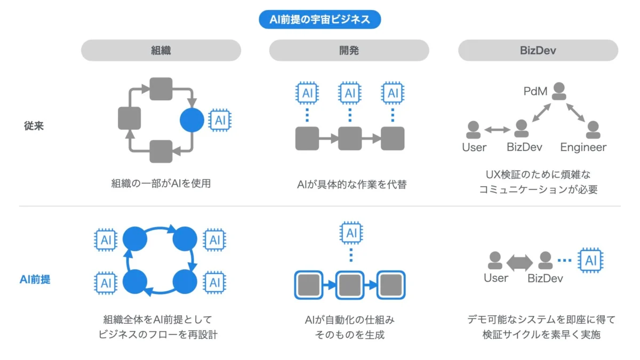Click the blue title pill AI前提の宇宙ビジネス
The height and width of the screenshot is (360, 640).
pyautogui.click(x=320, y=20)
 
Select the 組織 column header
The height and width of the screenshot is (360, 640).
pyautogui.click(x=161, y=51)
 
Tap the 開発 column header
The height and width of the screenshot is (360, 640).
pyautogui.click(x=349, y=51)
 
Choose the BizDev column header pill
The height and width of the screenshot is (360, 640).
pyautogui.click(x=538, y=51)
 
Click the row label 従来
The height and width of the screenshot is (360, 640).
pyautogui.click(x=34, y=126)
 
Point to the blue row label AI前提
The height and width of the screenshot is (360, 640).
pyautogui.click(x=35, y=278)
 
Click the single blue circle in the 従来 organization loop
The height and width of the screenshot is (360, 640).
pyautogui.click(x=192, y=120)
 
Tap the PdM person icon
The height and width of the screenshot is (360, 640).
pyautogui.click(x=559, y=91)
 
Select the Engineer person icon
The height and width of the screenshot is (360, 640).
pyautogui.click(x=593, y=129)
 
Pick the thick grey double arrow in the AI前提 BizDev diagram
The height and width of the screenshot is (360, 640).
pyautogui.click(x=519, y=261)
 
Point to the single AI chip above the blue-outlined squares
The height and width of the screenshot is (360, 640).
pyautogui.click(x=350, y=233)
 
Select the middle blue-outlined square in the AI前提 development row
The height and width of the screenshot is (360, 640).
pyautogui.click(x=350, y=285)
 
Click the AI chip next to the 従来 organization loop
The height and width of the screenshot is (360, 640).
pyautogui.click(x=220, y=120)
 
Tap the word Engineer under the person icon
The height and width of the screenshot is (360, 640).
pyautogui.click(x=583, y=147)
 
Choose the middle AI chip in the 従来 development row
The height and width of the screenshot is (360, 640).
pyautogui.click(x=350, y=93)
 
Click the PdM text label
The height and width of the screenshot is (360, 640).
pyautogui.click(x=535, y=91)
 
